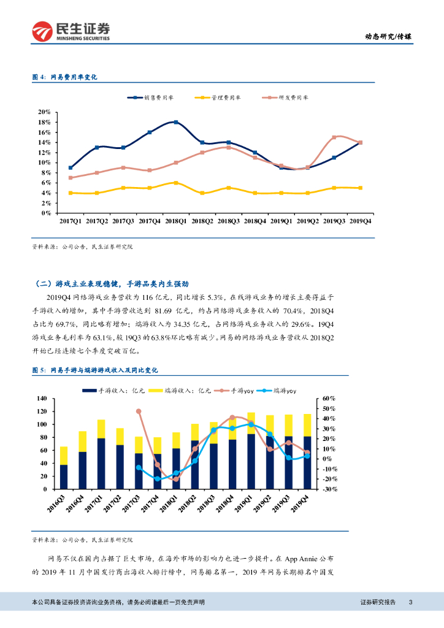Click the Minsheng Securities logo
71,31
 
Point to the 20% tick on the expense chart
44,112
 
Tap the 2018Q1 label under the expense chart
176,220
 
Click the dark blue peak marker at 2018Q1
176,123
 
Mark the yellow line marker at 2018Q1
176,183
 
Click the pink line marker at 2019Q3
334,137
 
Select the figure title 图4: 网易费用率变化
64,77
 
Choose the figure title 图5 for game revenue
95,370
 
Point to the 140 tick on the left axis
42,399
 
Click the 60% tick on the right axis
328,399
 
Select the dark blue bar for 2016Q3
63,477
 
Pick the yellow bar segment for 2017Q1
101,429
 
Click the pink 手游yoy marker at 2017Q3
139,412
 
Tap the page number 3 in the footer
410,603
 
